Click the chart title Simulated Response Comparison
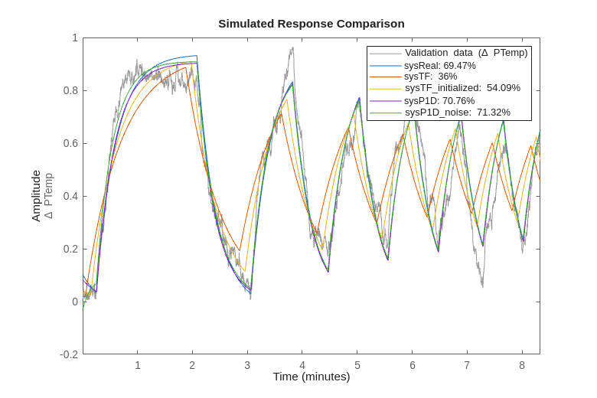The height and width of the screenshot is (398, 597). [311, 24]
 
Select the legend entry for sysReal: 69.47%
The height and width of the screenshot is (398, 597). [440, 66]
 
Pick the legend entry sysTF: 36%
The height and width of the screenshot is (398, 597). [430, 77]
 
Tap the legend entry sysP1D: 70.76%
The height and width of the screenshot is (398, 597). [439, 100]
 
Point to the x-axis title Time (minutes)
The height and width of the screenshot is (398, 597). [311, 377]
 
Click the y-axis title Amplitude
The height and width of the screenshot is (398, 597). [36, 196]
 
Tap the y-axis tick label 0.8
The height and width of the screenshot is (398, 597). [70, 90]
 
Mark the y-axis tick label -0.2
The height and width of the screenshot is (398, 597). [69, 354]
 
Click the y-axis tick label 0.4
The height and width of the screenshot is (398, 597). [70, 196]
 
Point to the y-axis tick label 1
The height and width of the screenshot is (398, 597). [75, 38]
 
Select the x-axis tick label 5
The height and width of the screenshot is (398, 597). [357, 365]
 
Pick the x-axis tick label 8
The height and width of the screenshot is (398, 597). [522, 365]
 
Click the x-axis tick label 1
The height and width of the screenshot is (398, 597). [138, 365]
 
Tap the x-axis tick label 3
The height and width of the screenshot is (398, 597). [247, 365]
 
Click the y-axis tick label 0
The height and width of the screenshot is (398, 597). [75, 302]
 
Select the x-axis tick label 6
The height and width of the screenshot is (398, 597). [413, 365]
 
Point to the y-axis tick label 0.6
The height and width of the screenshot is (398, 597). [70, 143]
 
